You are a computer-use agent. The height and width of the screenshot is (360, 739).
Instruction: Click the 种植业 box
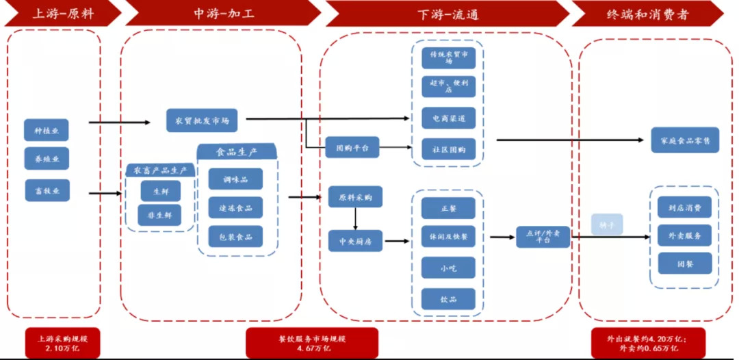click(x=47, y=129)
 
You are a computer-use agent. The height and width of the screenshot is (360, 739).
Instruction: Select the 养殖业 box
click(x=47, y=158)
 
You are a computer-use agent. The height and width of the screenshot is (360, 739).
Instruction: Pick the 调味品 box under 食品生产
click(x=235, y=179)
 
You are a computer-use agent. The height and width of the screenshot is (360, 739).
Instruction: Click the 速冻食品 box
click(x=235, y=207)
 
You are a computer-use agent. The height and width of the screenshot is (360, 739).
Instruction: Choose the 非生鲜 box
click(x=160, y=215)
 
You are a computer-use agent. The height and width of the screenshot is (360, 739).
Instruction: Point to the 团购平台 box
click(x=352, y=147)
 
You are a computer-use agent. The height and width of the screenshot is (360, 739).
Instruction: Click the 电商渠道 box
click(x=448, y=118)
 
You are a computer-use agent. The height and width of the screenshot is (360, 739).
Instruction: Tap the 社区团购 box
click(x=448, y=149)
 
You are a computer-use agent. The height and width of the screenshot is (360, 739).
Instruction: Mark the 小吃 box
click(x=448, y=269)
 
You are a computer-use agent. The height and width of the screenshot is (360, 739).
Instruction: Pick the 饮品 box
click(x=448, y=299)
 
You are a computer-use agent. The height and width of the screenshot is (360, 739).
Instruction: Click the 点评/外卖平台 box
click(x=543, y=237)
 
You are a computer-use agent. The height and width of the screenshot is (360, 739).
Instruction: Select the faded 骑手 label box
click(x=608, y=224)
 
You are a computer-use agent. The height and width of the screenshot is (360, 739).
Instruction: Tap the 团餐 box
click(x=684, y=263)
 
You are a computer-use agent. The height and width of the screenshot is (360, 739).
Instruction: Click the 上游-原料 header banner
click(x=62, y=13)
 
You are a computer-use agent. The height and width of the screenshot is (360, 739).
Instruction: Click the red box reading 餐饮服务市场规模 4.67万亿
click(x=312, y=343)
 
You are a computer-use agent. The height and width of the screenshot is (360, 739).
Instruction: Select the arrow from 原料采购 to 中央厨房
click(x=355, y=218)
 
